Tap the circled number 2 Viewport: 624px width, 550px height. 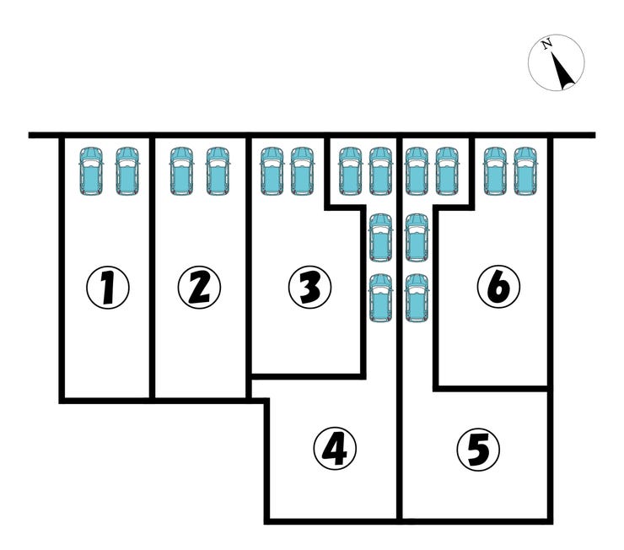[198, 288]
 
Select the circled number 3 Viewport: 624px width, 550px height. [309, 288]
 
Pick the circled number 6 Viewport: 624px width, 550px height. [498, 288]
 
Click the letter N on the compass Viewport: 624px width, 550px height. [547, 44]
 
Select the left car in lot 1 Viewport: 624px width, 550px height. [90, 170]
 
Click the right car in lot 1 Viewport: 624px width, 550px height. [126, 170]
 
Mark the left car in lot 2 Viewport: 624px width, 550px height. [181, 170]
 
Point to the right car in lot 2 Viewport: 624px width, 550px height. [218, 170]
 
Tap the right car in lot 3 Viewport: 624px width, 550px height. [302, 170]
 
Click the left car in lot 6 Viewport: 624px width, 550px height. [494, 170]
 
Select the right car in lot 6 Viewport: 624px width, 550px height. [525, 170]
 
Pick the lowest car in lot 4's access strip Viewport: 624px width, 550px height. [381, 298]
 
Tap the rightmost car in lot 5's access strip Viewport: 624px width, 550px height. [447, 170]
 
